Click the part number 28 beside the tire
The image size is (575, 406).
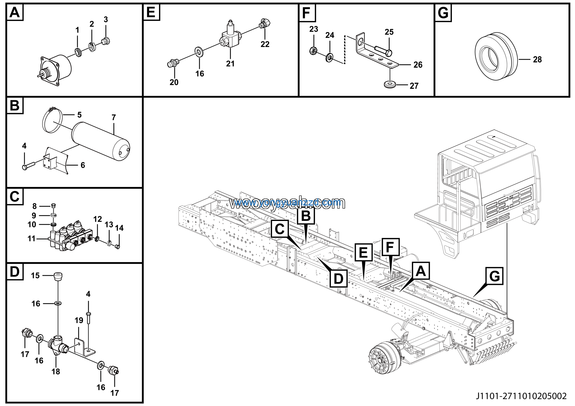click(x=537, y=60)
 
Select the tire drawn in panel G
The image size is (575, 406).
click(x=496, y=56)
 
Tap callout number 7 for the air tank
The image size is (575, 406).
click(x=114, y=117)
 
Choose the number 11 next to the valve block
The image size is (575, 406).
click(x=31, y=238)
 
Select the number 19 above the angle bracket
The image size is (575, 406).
click(x=79, y=320)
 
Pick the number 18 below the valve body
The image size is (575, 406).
click(x=56, y=371)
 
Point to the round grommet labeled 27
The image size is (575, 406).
click(x=390, y=85)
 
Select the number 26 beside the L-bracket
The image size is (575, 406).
click(x=418, y=65)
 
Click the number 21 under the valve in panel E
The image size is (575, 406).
click(x=230, y=64)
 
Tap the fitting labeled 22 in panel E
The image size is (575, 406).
click(x=265, y=23)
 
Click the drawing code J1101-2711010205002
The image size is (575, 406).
click(x=521, y=396)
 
